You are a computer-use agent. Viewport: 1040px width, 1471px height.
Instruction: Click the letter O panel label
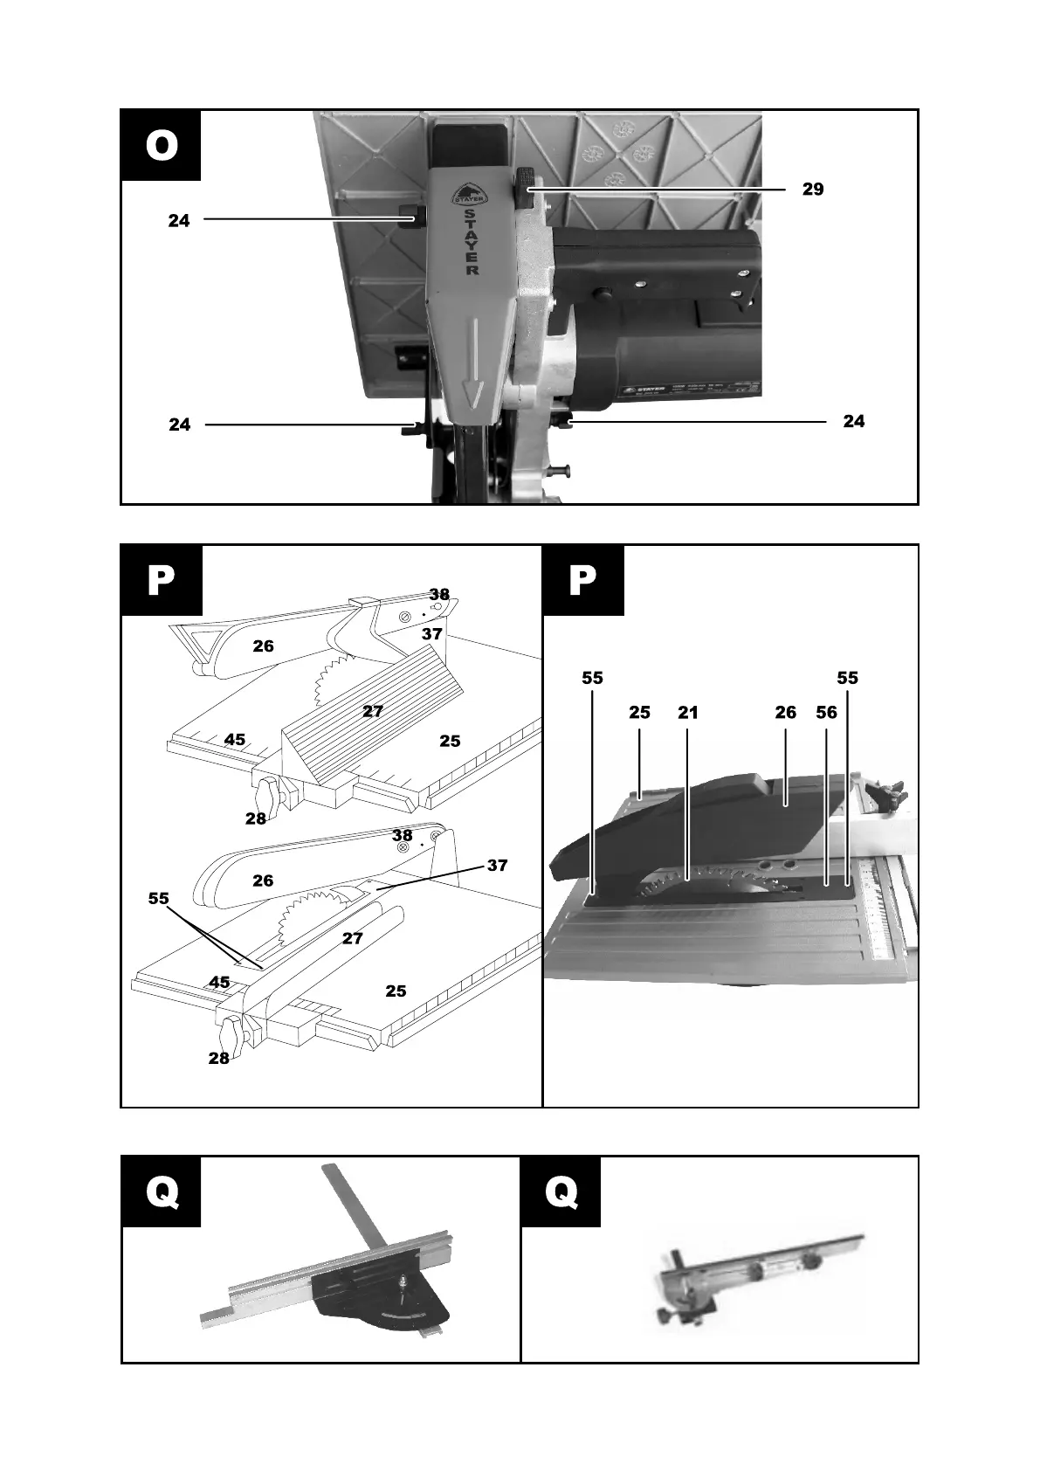(161, 145)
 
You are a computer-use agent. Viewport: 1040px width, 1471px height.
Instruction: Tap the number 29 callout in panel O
(812, 190)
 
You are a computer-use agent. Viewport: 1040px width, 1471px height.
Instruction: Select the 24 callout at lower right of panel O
(853, 421)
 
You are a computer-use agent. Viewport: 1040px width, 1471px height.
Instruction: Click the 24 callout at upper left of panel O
(179, 221)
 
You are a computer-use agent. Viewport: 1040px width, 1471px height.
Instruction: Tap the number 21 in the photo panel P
(688, 713)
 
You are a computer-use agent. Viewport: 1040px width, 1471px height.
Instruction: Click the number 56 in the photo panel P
(826, 713)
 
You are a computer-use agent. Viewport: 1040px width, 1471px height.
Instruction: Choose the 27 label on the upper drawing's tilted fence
(373, 711)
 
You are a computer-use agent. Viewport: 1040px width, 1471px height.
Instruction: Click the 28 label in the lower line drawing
(218, 1058)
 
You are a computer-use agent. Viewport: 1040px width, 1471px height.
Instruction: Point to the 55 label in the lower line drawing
(158, 898)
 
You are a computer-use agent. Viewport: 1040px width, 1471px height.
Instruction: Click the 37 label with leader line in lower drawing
(497, 866)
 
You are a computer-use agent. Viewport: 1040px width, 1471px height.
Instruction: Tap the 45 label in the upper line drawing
(234, 740)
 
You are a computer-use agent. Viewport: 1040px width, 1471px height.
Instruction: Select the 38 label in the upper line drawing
(438, 595)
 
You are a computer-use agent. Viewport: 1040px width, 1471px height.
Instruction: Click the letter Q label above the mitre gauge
(161, 1191)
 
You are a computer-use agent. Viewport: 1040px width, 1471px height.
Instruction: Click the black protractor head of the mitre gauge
(384, 1298)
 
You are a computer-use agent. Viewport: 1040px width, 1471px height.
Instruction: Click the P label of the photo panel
(582, 580)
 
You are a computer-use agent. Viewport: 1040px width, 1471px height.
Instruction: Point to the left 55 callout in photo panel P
(592, 678)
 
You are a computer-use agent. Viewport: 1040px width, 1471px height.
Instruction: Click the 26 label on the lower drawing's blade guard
(263, 881)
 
